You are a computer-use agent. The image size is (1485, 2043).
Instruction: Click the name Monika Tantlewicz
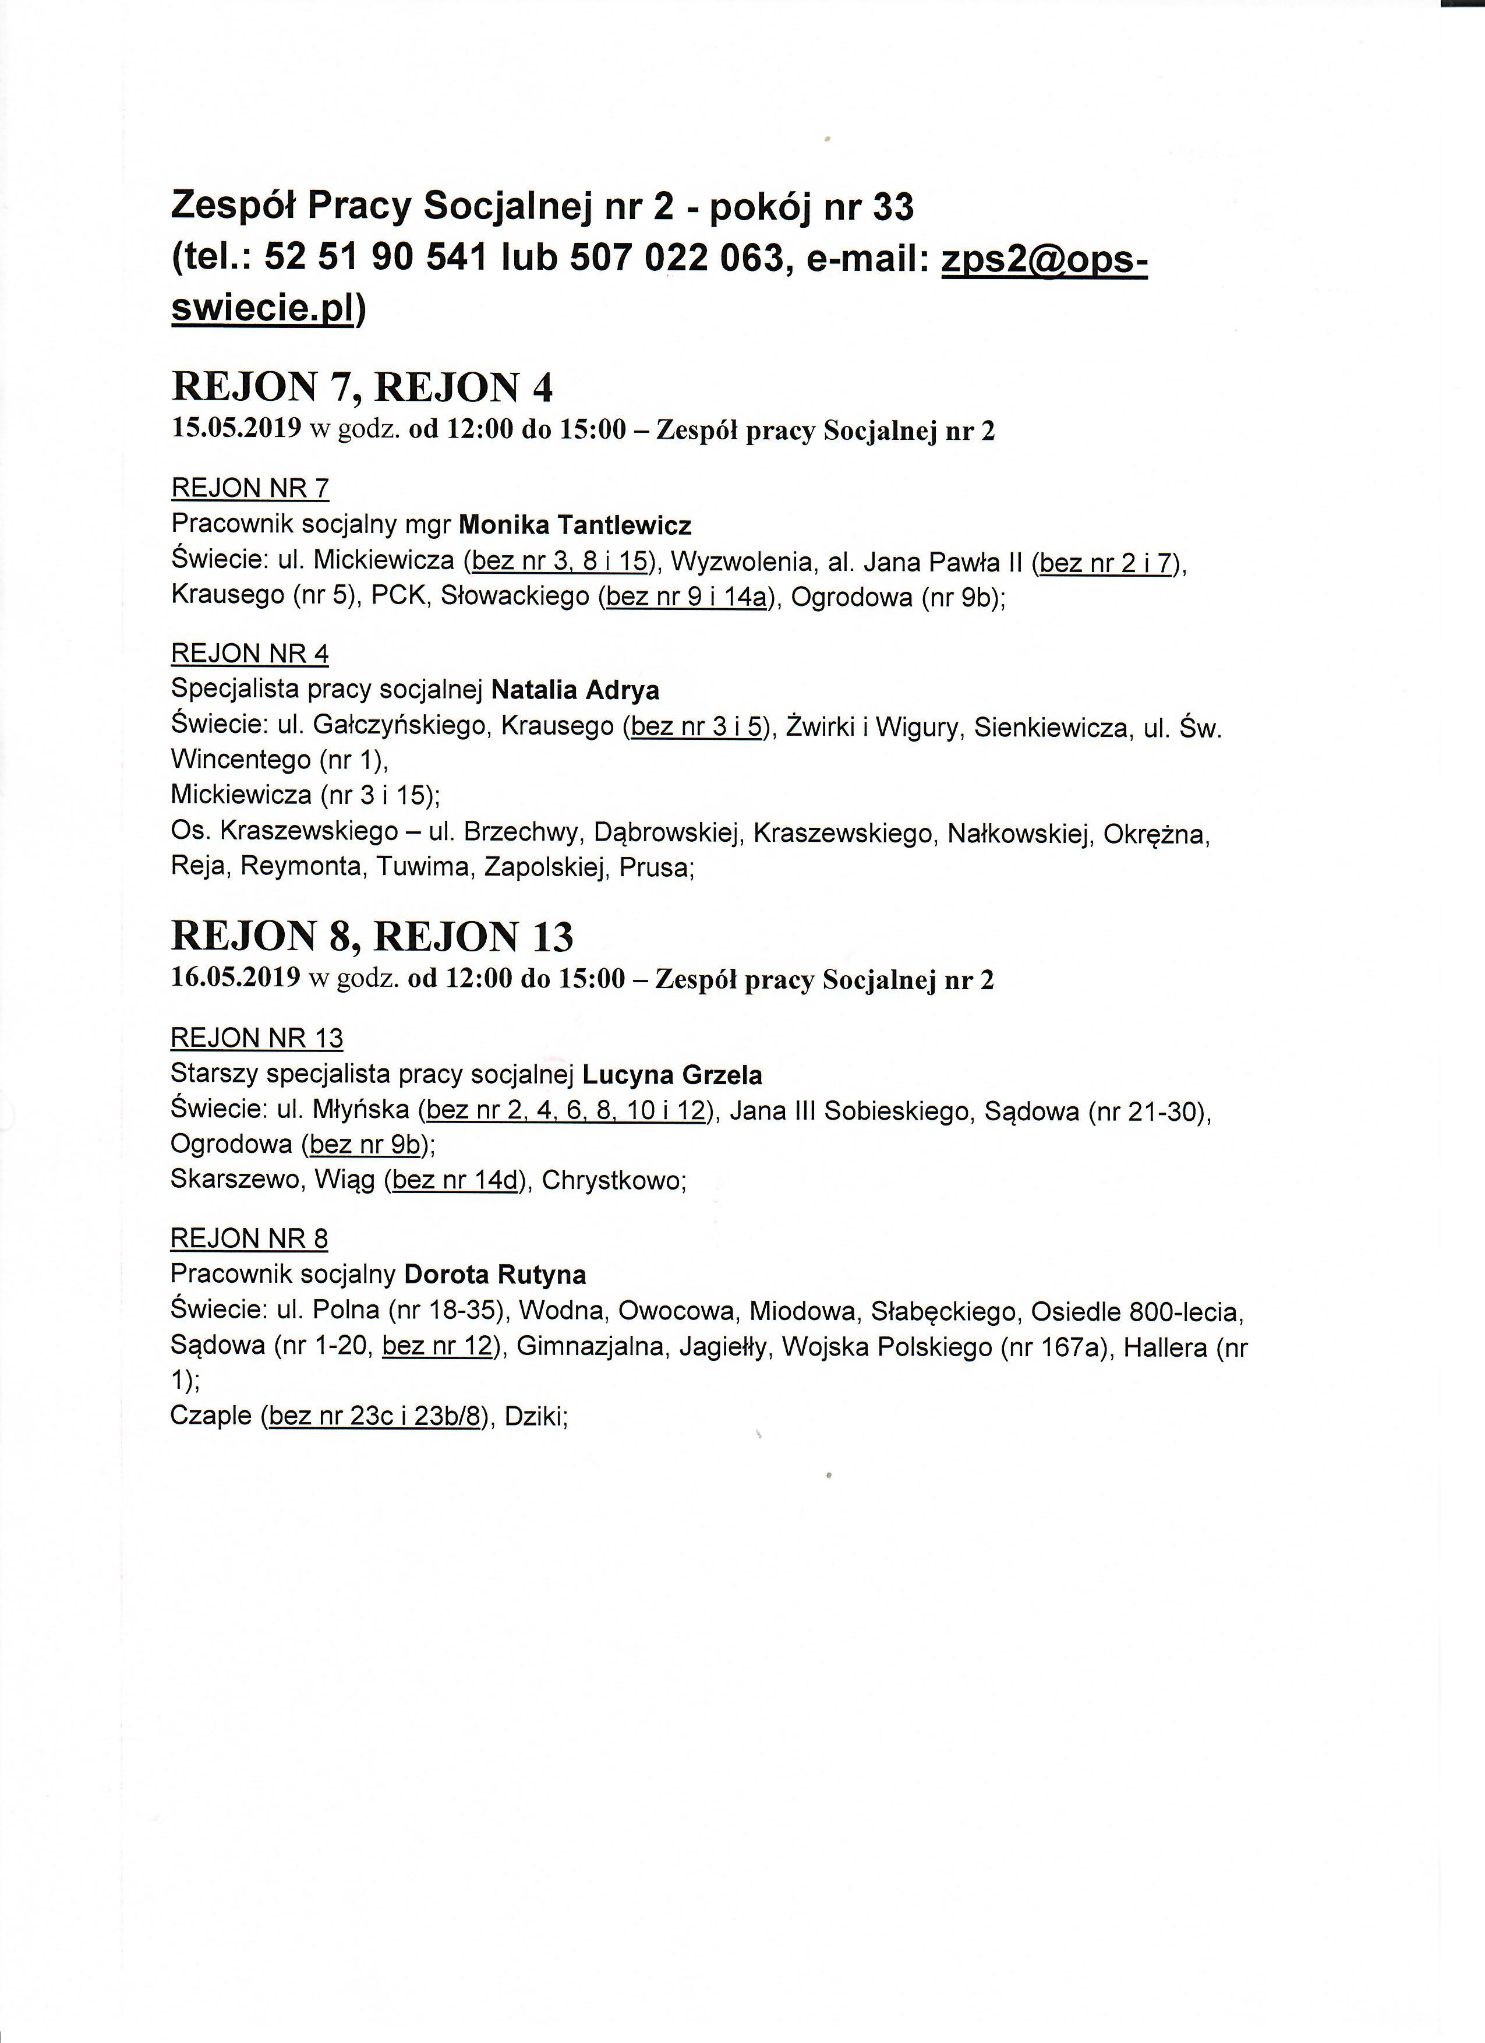point(575,524)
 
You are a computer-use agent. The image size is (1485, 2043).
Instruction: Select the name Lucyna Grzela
point(672,1075)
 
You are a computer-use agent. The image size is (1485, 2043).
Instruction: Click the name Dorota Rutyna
point(496,1275)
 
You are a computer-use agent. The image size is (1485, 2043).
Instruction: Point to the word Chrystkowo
point(613,1180)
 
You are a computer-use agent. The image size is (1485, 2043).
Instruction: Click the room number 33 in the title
point(892,208)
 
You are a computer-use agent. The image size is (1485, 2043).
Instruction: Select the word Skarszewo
point(236,1180)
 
